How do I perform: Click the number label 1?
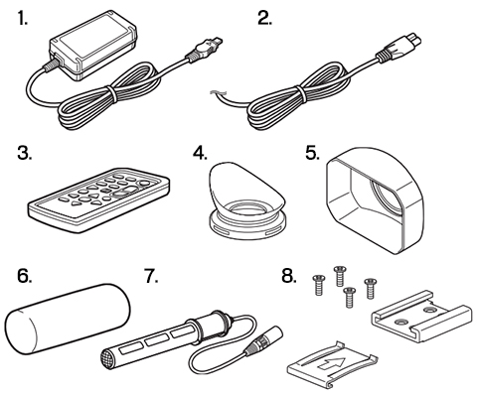[x=23, y=19]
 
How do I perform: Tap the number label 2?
[x=264, y=19]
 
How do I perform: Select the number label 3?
[x=25, y=153]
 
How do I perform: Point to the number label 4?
[x=201, y=153]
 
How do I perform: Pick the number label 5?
[x=312, y=153]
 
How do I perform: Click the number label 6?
[x=25, y=276]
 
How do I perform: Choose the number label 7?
[x=151, y=276]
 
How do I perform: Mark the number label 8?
[x=289, y=276]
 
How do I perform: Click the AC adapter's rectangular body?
[x=93, y=46]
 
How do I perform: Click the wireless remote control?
[x=98, y=198]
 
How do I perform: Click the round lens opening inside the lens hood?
[x=385, y=196]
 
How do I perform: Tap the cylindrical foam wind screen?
[x=68, y=318]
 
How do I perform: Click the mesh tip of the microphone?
[x=108, y=359]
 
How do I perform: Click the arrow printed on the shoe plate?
[x=332, y=364]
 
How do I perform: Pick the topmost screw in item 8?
[x=339, y=276]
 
